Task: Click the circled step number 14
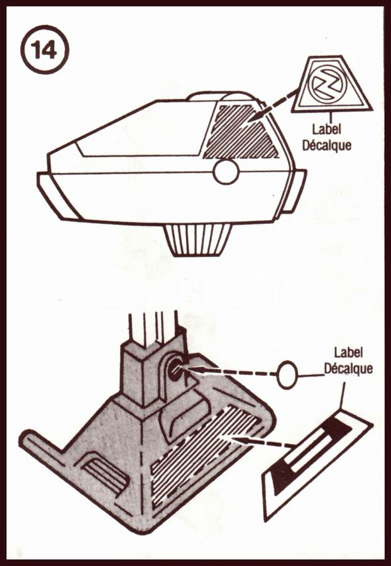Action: pyautogui.click(x=45, y=50)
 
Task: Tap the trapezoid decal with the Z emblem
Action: pyautogui.click(x=331, y=84)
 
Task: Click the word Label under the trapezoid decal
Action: pyautogui.click(x=327, y=129)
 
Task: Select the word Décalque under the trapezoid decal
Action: pyautogui.click(x=327, y=145)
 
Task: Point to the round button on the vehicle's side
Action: pyautogui.click(x=226, y=172)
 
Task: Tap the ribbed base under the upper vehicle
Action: pyautogui.click(x=197, y=240)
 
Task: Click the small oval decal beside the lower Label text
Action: pyautogui.click(x=287, y=375)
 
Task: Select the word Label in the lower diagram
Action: pyautogui.click(x=348, y=353)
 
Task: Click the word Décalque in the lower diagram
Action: pyautogui.click(x=348, y=369)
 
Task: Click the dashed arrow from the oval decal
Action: pyautogui.click(x=229, y=372)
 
